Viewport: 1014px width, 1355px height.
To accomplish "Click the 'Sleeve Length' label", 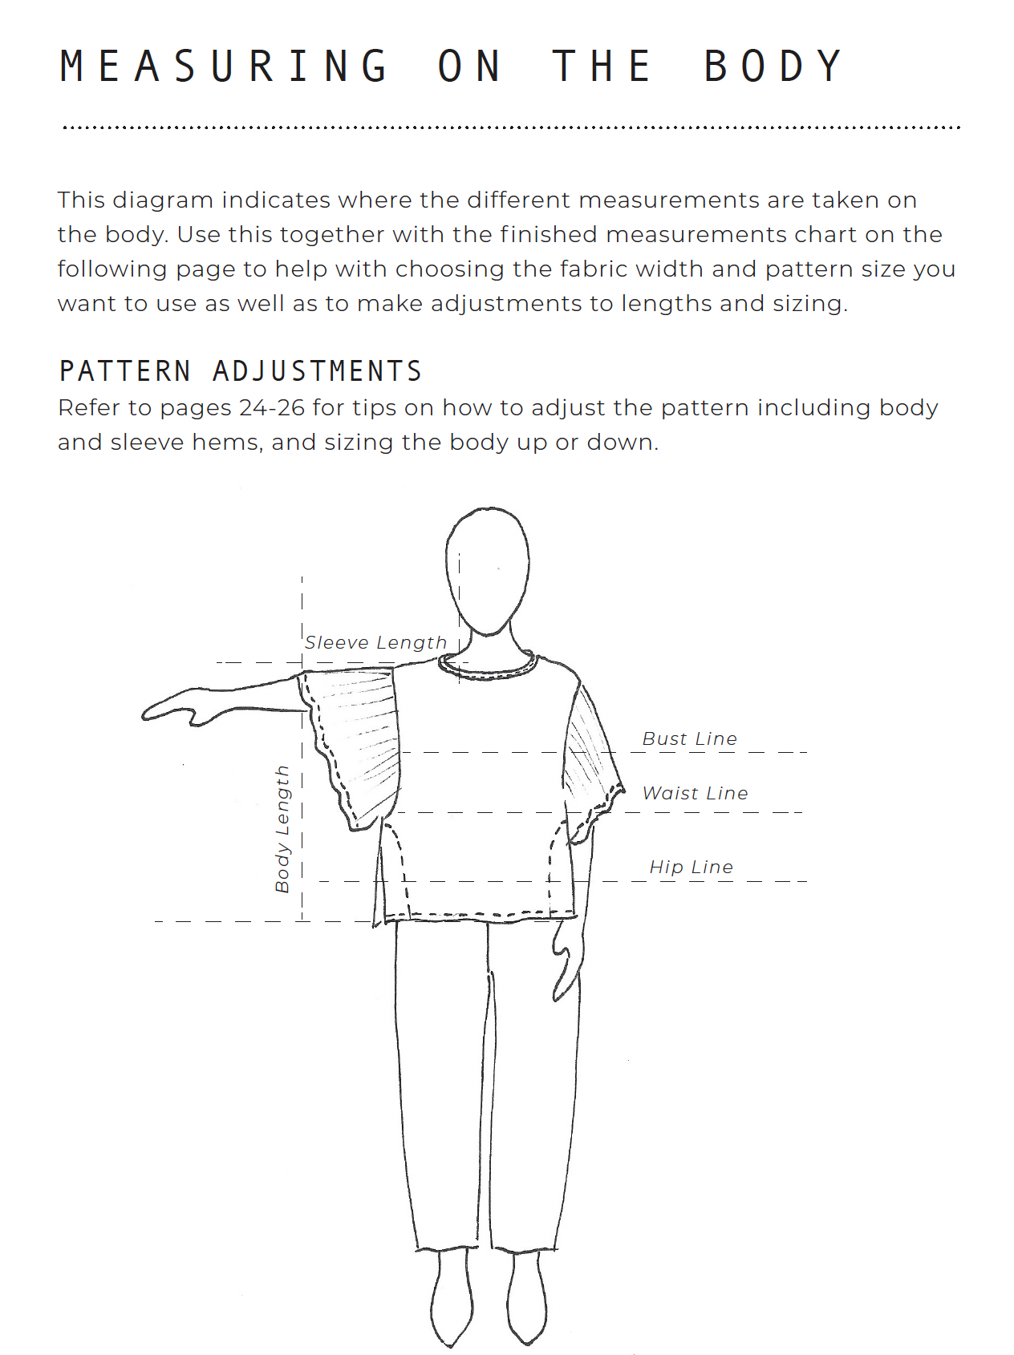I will (375, 642).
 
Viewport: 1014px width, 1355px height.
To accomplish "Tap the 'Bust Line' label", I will (689, 738).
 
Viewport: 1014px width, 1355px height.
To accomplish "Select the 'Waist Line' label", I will (695, 793).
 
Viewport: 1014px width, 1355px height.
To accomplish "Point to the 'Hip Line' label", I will (691, 867).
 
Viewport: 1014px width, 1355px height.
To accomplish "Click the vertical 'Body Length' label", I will (282, 829).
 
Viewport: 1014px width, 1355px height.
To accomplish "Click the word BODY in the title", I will (773, 67).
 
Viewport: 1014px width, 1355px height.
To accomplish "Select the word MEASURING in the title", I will (225, 67).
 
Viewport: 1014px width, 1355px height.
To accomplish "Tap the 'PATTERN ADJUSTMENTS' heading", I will (241, 371).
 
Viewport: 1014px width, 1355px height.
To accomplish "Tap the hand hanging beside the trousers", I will (566, 958).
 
